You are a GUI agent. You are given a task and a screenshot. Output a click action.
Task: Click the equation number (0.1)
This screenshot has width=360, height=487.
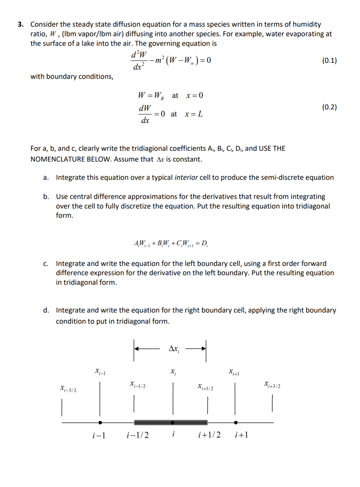coord(329,60)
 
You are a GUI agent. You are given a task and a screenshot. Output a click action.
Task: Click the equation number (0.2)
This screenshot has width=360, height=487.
coord(329,107)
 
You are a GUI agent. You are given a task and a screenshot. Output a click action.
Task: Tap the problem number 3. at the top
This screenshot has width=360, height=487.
coord(21,24)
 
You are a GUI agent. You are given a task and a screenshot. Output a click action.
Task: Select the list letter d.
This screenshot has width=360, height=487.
coord(46,310)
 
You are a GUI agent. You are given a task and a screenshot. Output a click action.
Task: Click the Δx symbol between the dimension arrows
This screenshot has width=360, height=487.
coord(174,349)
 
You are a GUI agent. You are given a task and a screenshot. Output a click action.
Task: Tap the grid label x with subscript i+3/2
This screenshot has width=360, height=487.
coord(272,385)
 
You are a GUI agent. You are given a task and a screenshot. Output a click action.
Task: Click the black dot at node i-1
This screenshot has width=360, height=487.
coord(100,423)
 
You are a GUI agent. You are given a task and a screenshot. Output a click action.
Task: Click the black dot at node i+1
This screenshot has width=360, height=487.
coord(235,423)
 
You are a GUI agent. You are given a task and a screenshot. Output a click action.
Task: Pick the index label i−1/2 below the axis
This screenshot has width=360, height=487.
coord(138,435)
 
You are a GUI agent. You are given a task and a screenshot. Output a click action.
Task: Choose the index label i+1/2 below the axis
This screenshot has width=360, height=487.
coord(209,435)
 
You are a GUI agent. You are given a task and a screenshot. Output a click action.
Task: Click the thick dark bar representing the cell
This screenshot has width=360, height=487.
coord(154,422)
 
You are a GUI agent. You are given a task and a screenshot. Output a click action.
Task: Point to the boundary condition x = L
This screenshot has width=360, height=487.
coord(194,114)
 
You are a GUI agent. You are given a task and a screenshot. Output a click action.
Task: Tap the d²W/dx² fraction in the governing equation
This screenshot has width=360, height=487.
coord(139,60)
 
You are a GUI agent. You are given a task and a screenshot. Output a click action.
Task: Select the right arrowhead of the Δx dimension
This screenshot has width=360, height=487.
coord(203,349)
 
